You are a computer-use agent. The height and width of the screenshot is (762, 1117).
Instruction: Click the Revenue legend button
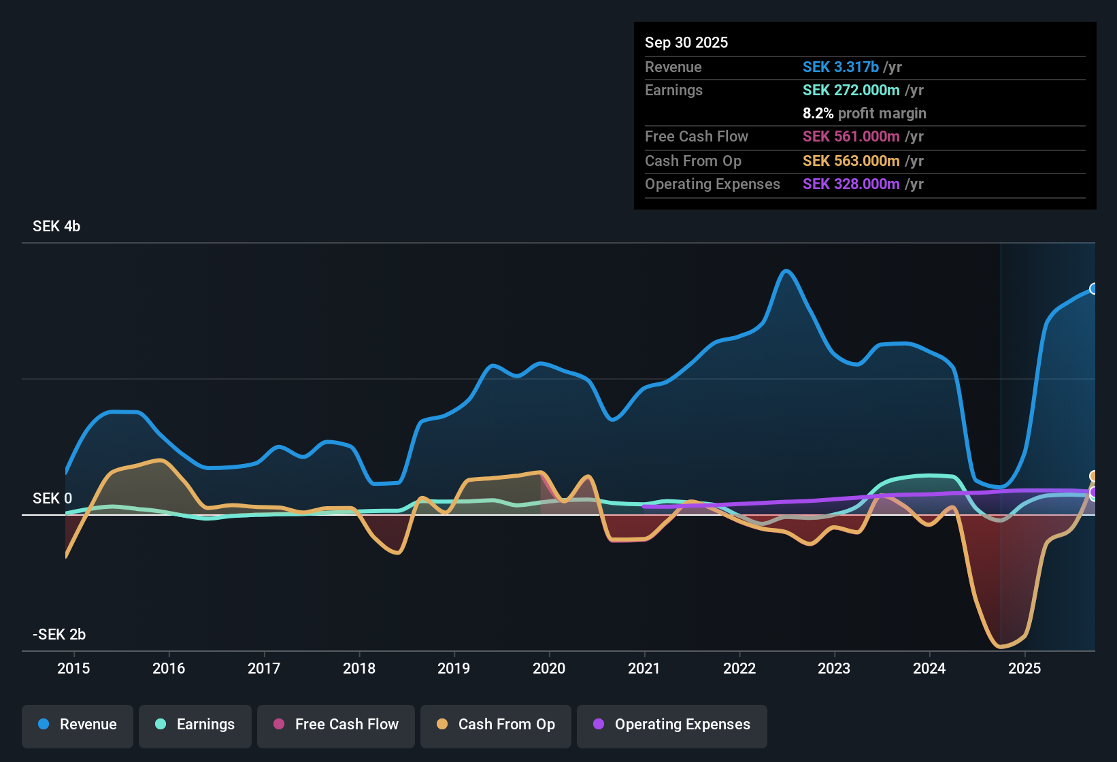(x=78, y=725)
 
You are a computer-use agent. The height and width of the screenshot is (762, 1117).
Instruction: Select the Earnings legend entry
(x=195, y=725)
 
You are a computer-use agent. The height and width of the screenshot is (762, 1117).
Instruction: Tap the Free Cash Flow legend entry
(x=336, y=725)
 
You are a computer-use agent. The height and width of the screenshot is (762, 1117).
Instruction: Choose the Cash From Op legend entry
(x=496, y=725)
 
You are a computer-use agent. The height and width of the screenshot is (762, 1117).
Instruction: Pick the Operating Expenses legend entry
(x=672, y=725)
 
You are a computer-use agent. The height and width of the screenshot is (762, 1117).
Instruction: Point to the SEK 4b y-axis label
(x=56, y=227)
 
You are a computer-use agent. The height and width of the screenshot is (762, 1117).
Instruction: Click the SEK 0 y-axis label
(x=52, y=499)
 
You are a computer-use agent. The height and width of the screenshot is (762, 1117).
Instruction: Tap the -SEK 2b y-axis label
(x=59, y=635)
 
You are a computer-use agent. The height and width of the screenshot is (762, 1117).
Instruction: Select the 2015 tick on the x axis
(x=73, y=669)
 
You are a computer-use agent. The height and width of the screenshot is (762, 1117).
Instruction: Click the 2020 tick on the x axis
(x=549, y=669)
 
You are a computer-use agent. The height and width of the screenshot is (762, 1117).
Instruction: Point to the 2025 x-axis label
(x=1024, y=669)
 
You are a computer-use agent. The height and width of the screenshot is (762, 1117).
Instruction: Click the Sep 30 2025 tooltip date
(x=686, y=43)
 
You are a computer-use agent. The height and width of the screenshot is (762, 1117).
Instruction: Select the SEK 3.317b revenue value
(x=841, y=67)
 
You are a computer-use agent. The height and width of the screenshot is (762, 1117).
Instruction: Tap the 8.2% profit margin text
(x=864, y=114)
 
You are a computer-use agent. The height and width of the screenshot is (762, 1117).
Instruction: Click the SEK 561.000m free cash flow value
(x=851, y=137)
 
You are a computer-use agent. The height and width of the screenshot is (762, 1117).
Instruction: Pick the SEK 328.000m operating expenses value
(x=851, y=184)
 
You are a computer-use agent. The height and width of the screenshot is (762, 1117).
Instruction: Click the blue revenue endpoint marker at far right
(x=1093, y=289)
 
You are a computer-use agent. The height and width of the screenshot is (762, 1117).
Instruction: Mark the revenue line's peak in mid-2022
(x=786, y=271)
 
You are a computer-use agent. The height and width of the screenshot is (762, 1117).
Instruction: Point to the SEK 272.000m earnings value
(x=851, y=90)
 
